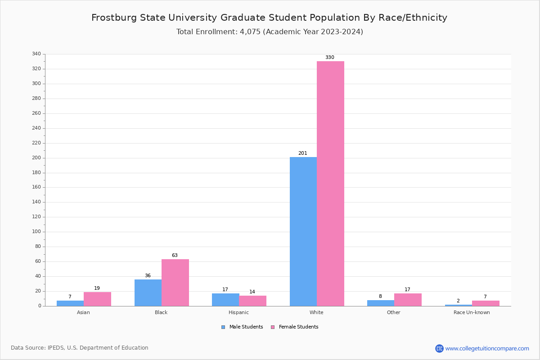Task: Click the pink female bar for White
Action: tap(330, 184)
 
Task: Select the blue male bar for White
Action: tap(303, 231)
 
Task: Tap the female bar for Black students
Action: tap(175, 283)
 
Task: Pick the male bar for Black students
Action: tap(148, 292)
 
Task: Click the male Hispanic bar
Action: tap(225, 300)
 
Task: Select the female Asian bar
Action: tap(97, 299)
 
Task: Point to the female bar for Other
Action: tap(408, 300)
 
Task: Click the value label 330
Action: tap(330, 58)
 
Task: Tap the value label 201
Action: tap(303, 153)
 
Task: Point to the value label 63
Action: tap(175, 256)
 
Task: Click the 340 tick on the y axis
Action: tap(36, 54)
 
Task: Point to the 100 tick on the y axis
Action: tap(36, 232)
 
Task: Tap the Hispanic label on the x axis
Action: tap(238, 312)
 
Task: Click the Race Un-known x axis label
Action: tap(472, 312)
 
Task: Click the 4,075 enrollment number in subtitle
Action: tap(247, 32)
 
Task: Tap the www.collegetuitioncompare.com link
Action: tap(487, 348)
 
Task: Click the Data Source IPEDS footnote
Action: tap(80, 348)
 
